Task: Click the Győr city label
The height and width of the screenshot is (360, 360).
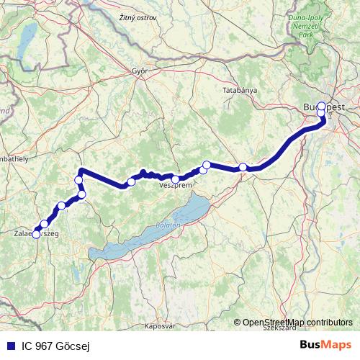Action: pyautogui.click(x=139, y=71)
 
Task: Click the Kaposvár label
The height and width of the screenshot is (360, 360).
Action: pyautogui.click(x=160, y=325)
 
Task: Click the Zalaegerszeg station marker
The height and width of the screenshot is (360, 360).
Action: pyautogui.click(x=36, y=234)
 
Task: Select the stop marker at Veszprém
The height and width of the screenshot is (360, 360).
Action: pyautogui.click(x=176, y=179)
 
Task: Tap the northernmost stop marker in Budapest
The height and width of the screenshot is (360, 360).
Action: pyautogui.click(x=321, y=105)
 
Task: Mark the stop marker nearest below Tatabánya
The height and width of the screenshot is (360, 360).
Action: pyautogui.click(x=243, y=167)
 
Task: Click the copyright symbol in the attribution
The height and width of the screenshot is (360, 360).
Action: pyautogui.click(x=237, y=323)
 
